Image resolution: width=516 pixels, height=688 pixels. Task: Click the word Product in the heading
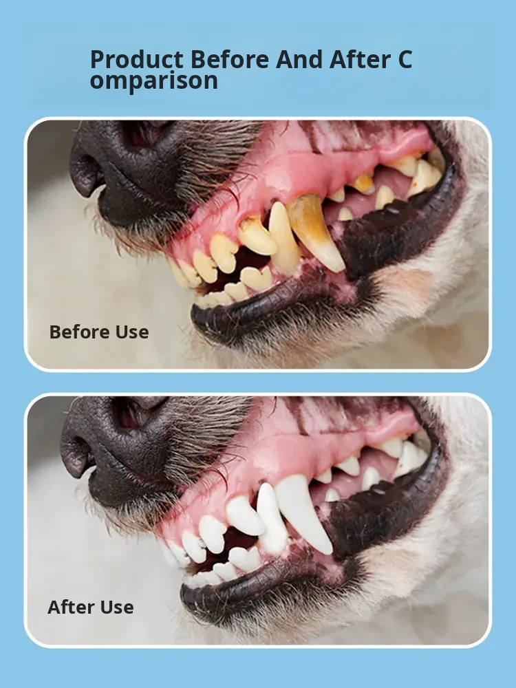(136, 60)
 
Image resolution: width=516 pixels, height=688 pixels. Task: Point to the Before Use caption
(99, 332)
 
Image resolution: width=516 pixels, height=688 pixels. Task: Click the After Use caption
(91, 608)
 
